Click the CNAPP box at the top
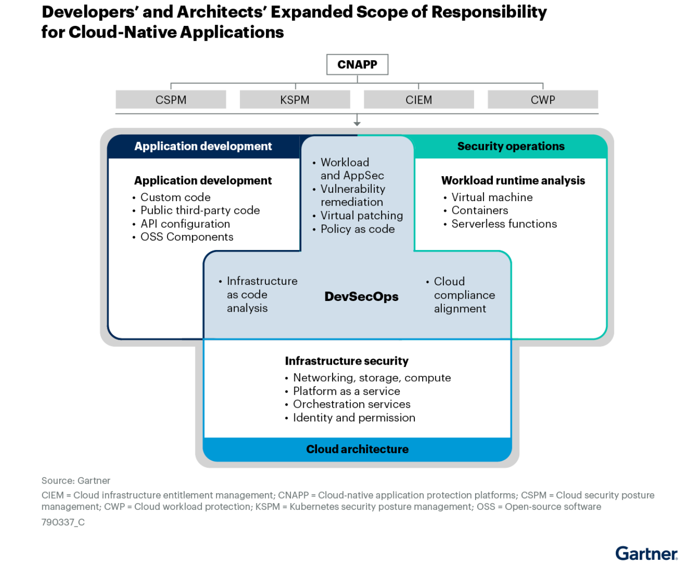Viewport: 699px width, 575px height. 357,65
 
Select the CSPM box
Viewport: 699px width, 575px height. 171,100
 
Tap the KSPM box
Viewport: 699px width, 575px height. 295,100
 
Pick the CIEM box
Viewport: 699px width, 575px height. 419,100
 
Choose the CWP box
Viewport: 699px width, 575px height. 543,100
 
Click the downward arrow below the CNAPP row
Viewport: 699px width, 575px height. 357,120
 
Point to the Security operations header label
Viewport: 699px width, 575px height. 510,146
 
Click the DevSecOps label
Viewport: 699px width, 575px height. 362,297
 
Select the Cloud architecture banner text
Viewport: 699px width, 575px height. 357,449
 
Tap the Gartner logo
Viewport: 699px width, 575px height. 646,553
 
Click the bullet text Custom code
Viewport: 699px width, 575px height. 175,197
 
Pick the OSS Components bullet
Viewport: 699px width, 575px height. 187,237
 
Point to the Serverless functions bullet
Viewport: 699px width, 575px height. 504,224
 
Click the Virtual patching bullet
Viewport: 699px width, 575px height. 362,215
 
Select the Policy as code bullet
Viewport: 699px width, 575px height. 358,229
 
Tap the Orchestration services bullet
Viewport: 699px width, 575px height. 352,404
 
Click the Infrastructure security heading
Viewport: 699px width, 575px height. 347,361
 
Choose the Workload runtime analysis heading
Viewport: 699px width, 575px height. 513,181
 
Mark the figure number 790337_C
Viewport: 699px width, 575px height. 63,522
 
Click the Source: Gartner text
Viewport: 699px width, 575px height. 76,481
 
